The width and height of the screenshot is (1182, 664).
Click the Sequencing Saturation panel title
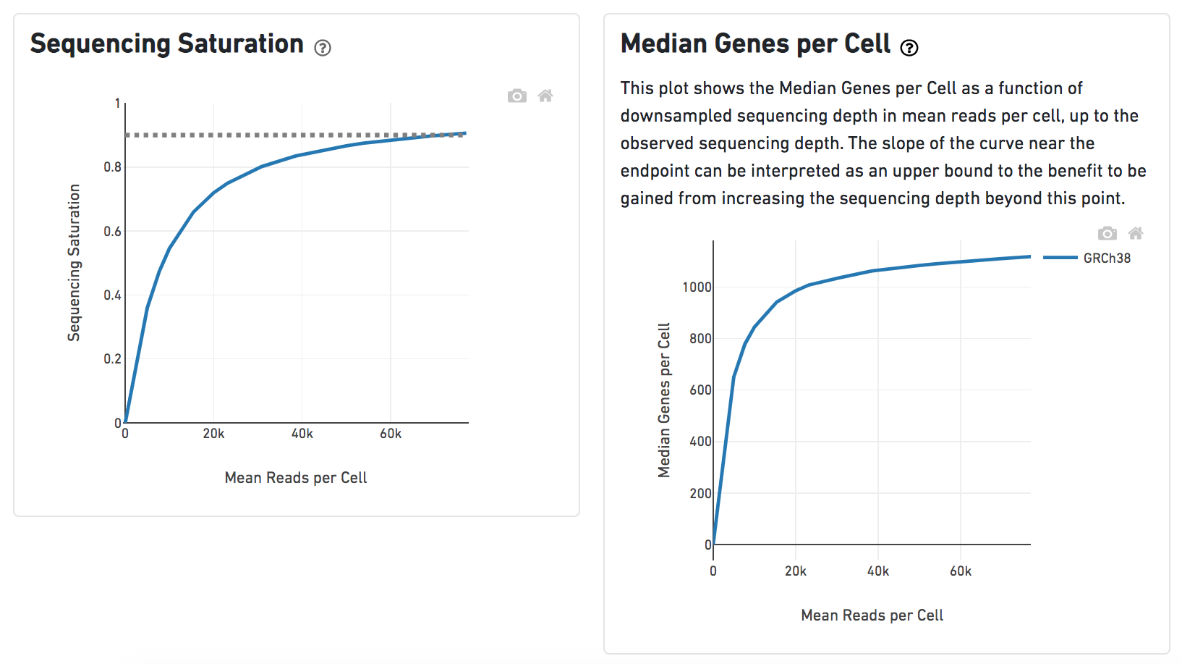pos(166,44)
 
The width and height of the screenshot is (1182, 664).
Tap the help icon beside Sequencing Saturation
pos(323,48)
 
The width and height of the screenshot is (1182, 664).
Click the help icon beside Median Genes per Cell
pos(909,48)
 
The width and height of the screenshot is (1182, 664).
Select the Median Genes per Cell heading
pos(755,44)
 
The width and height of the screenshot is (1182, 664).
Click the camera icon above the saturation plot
pos(516,96)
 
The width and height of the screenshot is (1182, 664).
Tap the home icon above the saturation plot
pos(545,96)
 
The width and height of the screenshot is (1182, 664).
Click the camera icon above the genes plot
pos(1107,233)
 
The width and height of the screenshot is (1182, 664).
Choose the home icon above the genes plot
pos(1136,233)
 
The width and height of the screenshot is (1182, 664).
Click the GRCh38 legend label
pos(1107,259)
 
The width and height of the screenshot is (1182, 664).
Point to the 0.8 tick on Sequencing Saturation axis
pos(112,167)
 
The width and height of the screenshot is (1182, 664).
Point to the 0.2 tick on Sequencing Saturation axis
pos(112,359)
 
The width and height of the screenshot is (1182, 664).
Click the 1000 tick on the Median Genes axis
pos(697,287)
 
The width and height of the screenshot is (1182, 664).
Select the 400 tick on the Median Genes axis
pos(700,442)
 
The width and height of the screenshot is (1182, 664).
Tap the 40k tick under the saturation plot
pos(302,434)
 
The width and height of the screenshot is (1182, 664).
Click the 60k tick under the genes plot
pos(961,571)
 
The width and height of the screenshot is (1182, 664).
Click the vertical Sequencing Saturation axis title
pos(74,262)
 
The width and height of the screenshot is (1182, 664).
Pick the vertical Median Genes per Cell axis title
pos(664,400)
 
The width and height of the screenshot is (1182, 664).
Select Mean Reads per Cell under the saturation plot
pos(296,478)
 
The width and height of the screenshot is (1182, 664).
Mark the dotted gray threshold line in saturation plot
pos(289,135)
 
